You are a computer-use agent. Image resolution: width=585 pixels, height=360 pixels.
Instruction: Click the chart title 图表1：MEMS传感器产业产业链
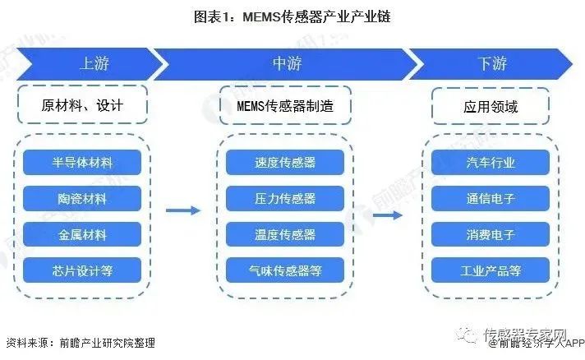[293, 16]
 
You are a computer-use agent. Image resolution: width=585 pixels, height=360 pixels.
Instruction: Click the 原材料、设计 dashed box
[82, 106]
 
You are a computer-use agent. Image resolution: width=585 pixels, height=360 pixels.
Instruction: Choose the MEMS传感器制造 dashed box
[285, 106]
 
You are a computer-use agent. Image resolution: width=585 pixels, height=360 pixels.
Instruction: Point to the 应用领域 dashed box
[491, 106]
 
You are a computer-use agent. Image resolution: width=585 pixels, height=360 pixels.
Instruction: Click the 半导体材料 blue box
[82, 162]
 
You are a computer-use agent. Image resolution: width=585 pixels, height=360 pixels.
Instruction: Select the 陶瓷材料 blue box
[82, 198]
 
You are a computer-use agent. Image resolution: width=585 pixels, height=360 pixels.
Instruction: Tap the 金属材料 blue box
[82, 234]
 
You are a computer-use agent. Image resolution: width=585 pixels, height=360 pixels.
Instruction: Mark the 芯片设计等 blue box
[82, 270]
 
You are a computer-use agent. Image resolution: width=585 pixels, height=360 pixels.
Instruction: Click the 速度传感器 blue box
[285, 162]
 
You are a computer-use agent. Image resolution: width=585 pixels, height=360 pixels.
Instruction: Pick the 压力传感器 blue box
[285, 198]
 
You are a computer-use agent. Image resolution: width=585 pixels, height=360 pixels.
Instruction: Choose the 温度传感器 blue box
[285, 234]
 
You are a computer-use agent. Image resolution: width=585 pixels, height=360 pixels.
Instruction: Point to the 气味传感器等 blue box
[285, 270]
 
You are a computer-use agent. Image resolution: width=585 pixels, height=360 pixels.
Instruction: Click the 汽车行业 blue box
[491, 162]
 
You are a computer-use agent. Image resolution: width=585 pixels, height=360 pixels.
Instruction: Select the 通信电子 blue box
[491, 198]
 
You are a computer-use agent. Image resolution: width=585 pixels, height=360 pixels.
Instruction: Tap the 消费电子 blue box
[491, 234]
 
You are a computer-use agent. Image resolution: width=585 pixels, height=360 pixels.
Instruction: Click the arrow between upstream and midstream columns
[182, 210]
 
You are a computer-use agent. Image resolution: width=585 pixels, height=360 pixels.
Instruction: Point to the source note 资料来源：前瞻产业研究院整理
[80, 342]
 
